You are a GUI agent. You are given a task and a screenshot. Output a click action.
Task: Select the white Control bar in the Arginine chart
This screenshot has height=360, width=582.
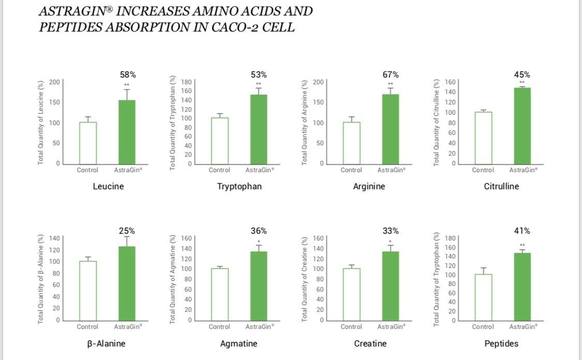point(351,143)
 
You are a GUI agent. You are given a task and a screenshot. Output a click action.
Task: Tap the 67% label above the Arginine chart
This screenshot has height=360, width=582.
point(390,75)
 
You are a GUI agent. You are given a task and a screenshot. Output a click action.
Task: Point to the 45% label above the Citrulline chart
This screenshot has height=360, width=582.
point(522,75)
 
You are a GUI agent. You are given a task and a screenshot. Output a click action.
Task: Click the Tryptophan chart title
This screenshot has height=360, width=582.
point(239,186)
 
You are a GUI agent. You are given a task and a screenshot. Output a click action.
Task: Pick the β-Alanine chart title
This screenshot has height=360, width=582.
point(106,344)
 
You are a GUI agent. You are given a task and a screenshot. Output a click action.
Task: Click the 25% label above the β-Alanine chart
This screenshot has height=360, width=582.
point(127,231)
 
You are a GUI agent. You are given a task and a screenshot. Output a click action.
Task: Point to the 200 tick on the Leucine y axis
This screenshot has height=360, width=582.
point(54,82)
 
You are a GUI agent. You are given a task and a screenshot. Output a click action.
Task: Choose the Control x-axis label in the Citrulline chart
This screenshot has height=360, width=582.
point(483,170)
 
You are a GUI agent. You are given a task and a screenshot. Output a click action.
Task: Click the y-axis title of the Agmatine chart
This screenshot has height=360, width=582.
point(173,279)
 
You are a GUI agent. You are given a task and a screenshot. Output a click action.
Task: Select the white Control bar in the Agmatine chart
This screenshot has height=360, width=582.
point(220,294)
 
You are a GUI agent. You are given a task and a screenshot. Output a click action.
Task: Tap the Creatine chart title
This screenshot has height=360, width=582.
point(370,344)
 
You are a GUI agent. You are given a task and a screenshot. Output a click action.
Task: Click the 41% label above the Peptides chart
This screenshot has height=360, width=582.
point(522,231)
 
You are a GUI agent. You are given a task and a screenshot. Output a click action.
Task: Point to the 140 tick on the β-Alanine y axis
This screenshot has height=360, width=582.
point(54,238)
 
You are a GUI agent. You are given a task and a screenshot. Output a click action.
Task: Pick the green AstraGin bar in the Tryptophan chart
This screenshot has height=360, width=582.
point(259,129)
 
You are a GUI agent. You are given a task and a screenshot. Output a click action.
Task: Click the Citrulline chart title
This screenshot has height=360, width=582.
point(501,186)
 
